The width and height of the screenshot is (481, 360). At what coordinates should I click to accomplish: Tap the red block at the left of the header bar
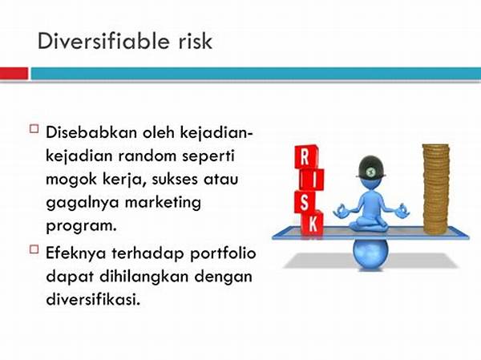pos(14,73)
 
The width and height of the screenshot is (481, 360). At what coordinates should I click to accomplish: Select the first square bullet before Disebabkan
pos(34,128)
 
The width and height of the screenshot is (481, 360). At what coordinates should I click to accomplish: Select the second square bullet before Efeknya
pos(34,249)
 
